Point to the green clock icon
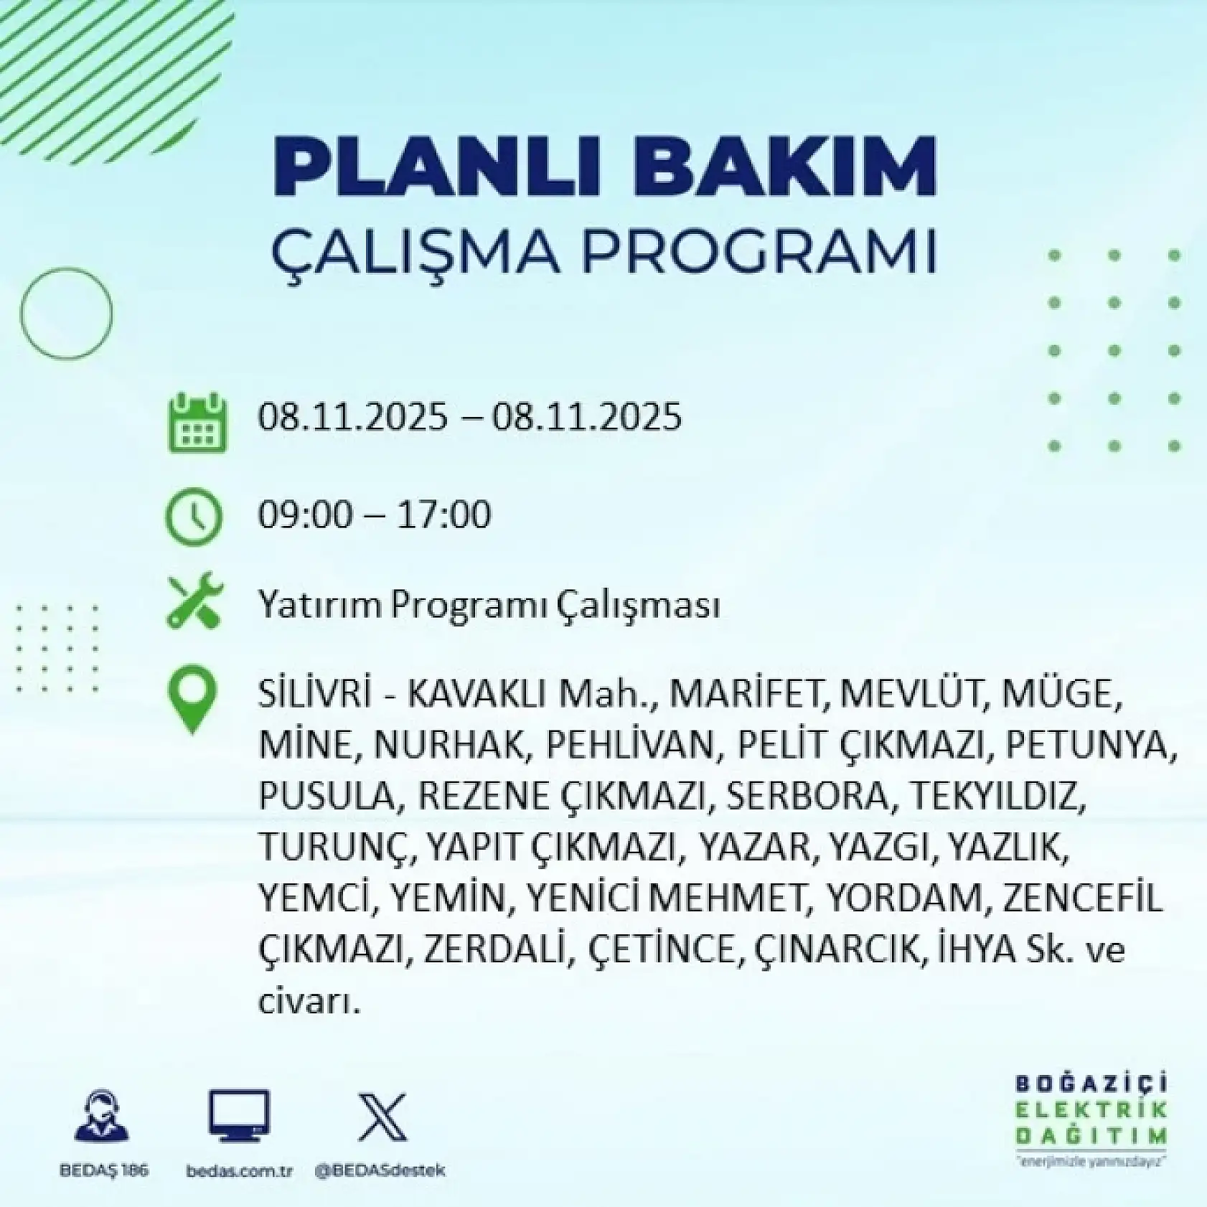[194, 516]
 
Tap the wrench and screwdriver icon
[194, 602]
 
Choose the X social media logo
[382, 1117]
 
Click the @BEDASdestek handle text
[380, 1170]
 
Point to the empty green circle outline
[66, 313]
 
